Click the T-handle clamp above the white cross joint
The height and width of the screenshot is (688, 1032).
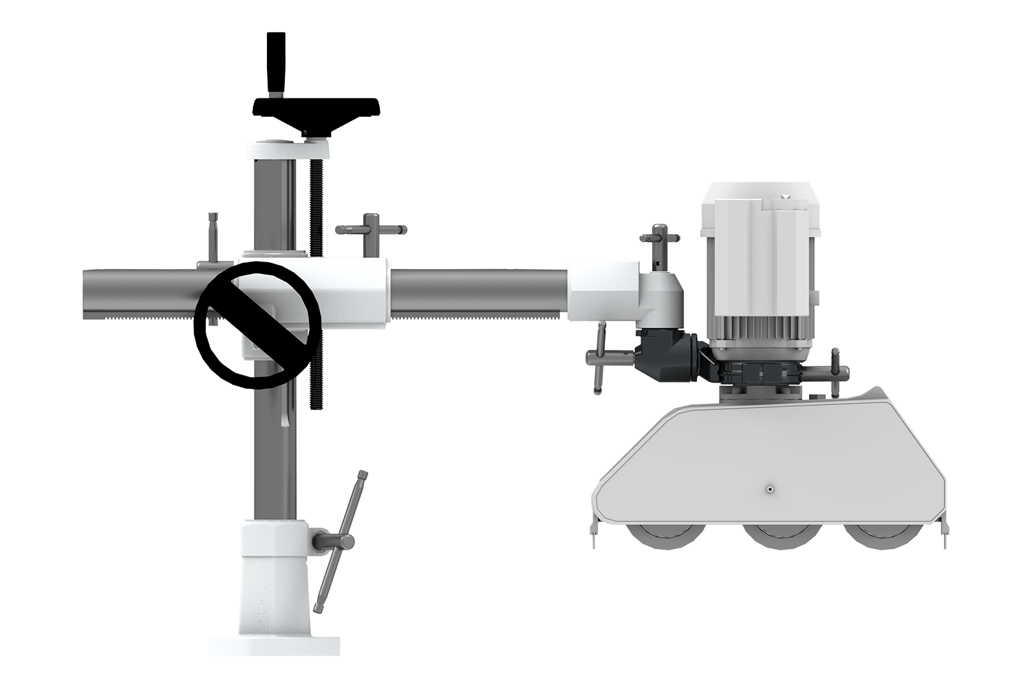click(370, 231)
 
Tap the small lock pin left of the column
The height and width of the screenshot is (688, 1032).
click(213, 237)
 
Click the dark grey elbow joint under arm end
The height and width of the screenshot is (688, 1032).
click(664, 354)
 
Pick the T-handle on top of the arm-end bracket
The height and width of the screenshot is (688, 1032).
click(660, 237)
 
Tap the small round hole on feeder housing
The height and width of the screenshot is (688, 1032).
click(769, 490)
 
